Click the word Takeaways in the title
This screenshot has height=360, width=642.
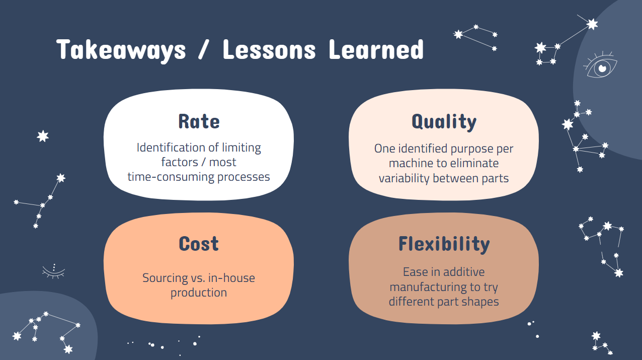(x=121, y=51)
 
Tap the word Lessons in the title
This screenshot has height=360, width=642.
(x=269, y=50)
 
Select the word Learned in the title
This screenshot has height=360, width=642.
(x=376, y=50)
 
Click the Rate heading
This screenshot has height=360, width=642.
(x=199, y=121)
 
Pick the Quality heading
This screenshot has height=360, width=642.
(x=444, y=122)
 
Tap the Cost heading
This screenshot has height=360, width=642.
(x=199, y=244)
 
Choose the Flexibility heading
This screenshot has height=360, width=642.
(x=444, y=245)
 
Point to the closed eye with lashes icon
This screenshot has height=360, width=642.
(x=54, y=271)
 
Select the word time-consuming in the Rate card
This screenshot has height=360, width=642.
(x=171, y=177)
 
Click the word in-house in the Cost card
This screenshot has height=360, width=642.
(x=231, y=277)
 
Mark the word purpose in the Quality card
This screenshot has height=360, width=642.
(x=472, y=149)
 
